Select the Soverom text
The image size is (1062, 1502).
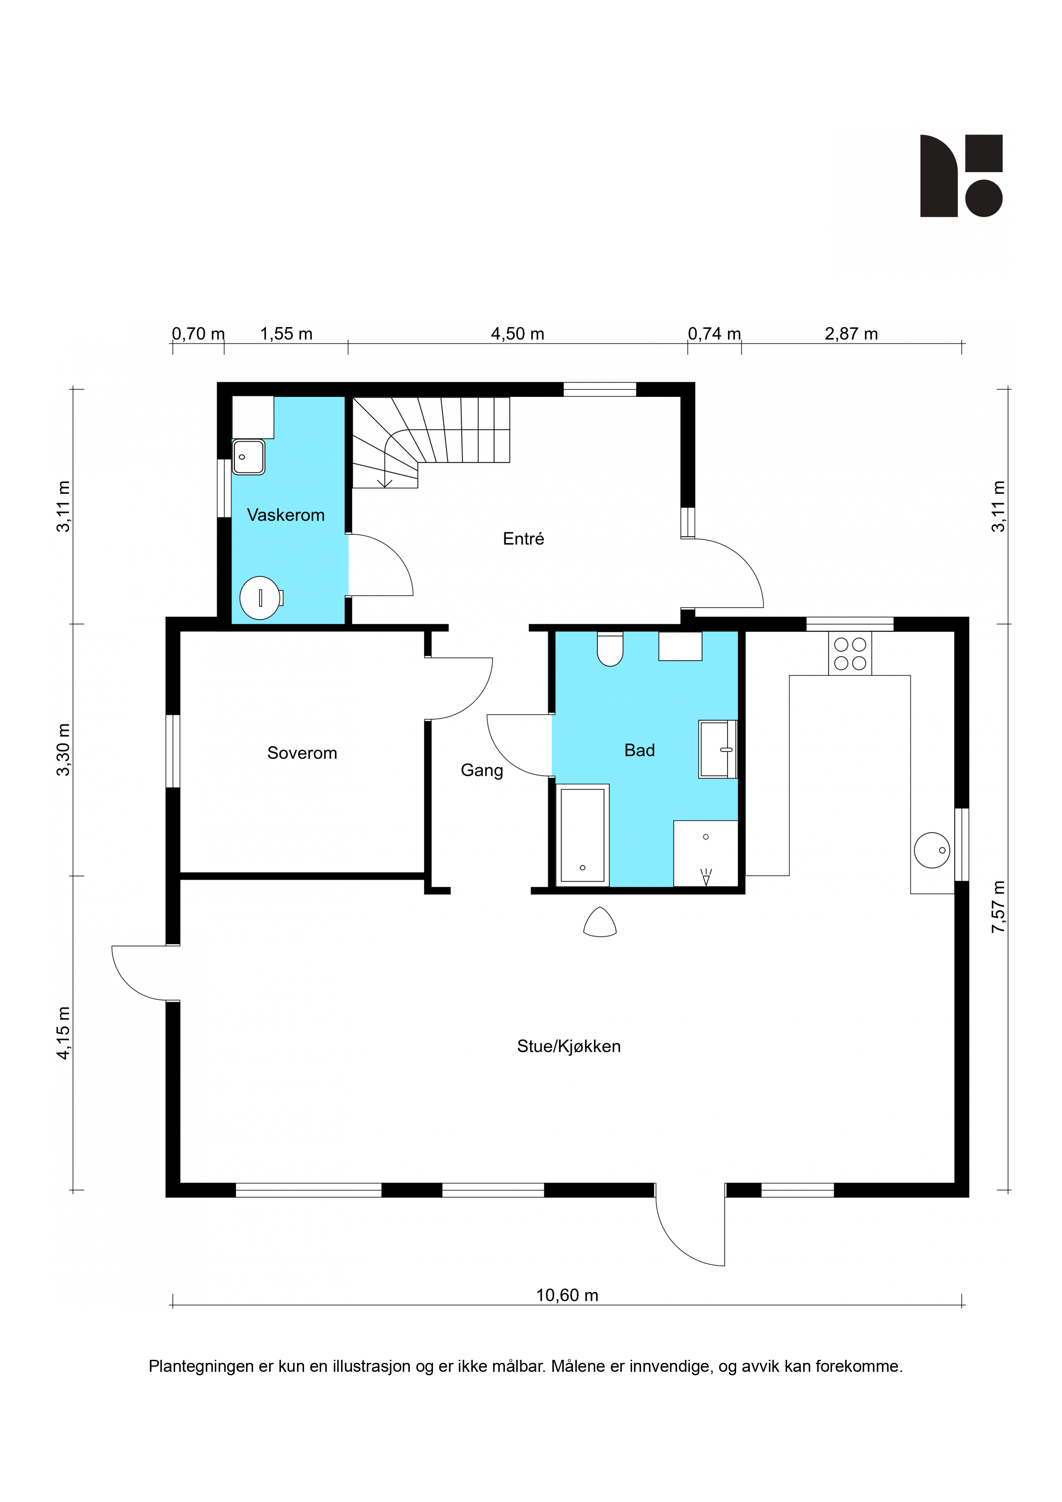pos(302,753)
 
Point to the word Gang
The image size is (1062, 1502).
pos(482,771)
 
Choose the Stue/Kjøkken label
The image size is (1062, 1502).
pos(569,1047)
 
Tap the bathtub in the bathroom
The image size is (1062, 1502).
pos(582,835)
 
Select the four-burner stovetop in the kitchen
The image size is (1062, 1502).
pos(850,653)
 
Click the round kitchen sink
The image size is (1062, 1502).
pos(932,850)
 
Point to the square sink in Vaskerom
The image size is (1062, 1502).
pos(249,457)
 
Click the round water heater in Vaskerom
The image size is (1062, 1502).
pos(260,598)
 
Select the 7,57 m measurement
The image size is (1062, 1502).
pos(998,907)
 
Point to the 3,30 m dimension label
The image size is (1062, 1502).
pos(63,750)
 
